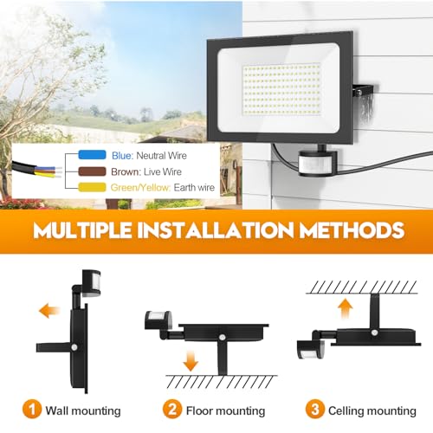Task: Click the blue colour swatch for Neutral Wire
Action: [x=92, y=155]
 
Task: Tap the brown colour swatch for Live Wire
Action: [x=92, y=171]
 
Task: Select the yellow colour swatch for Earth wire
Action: [x=92, y=187]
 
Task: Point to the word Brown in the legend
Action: [x=125, y=171]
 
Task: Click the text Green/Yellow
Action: [x=139, y=188]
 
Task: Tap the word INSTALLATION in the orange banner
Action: [x=215, y=230]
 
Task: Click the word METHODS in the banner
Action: [x=352, y=230]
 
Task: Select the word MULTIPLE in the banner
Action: [x=82, y=230]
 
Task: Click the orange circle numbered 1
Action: [x=32, y=409]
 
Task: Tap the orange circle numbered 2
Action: [x=172, y=409]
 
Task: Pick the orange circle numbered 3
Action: [x=315, y=409]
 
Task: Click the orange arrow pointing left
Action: [x=49, y=311]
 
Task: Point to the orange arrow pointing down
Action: [x=191, y=360]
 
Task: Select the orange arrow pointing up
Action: [x=346, y=308]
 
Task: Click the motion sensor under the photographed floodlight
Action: [x=317, y=163]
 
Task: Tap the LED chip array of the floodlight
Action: [x=281, y=88]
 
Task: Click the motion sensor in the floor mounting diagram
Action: [x=158, y=320]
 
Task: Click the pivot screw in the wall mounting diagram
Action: [x=74, y=347]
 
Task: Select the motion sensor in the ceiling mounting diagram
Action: [x=311, y=349]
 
